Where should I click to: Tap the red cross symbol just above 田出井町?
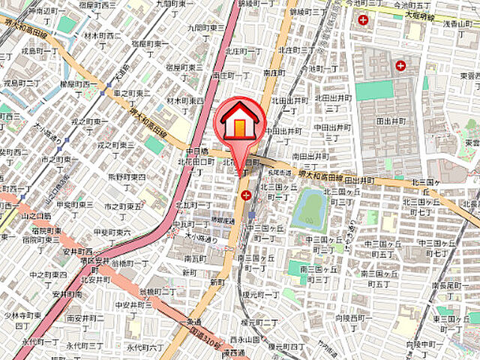(x=400, y=66)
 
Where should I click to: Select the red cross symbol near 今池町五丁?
(x=364, y=19)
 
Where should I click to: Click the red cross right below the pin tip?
(x=246, y=195)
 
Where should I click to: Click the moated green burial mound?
(x=309, y=208)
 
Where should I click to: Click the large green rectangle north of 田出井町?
(x=373, y=90)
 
